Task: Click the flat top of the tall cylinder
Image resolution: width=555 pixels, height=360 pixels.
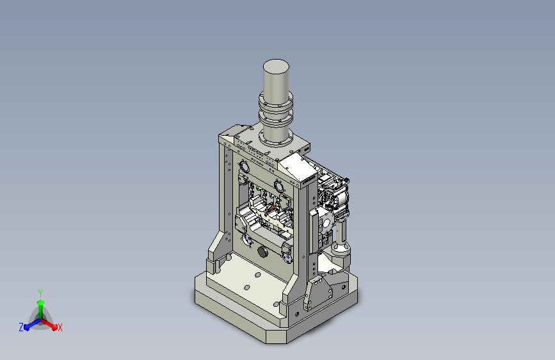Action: click(276, 66)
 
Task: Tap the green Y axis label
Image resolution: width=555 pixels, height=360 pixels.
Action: click(40, 293)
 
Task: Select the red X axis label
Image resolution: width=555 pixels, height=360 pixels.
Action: click(60, 328)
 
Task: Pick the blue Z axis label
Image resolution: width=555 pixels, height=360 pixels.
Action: click(21, 327)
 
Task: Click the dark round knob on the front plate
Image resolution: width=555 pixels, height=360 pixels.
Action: click(262, 252)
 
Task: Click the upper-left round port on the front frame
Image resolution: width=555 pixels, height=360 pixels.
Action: click(245, 165)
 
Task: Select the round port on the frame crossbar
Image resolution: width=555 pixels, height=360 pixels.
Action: click(279, 185)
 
